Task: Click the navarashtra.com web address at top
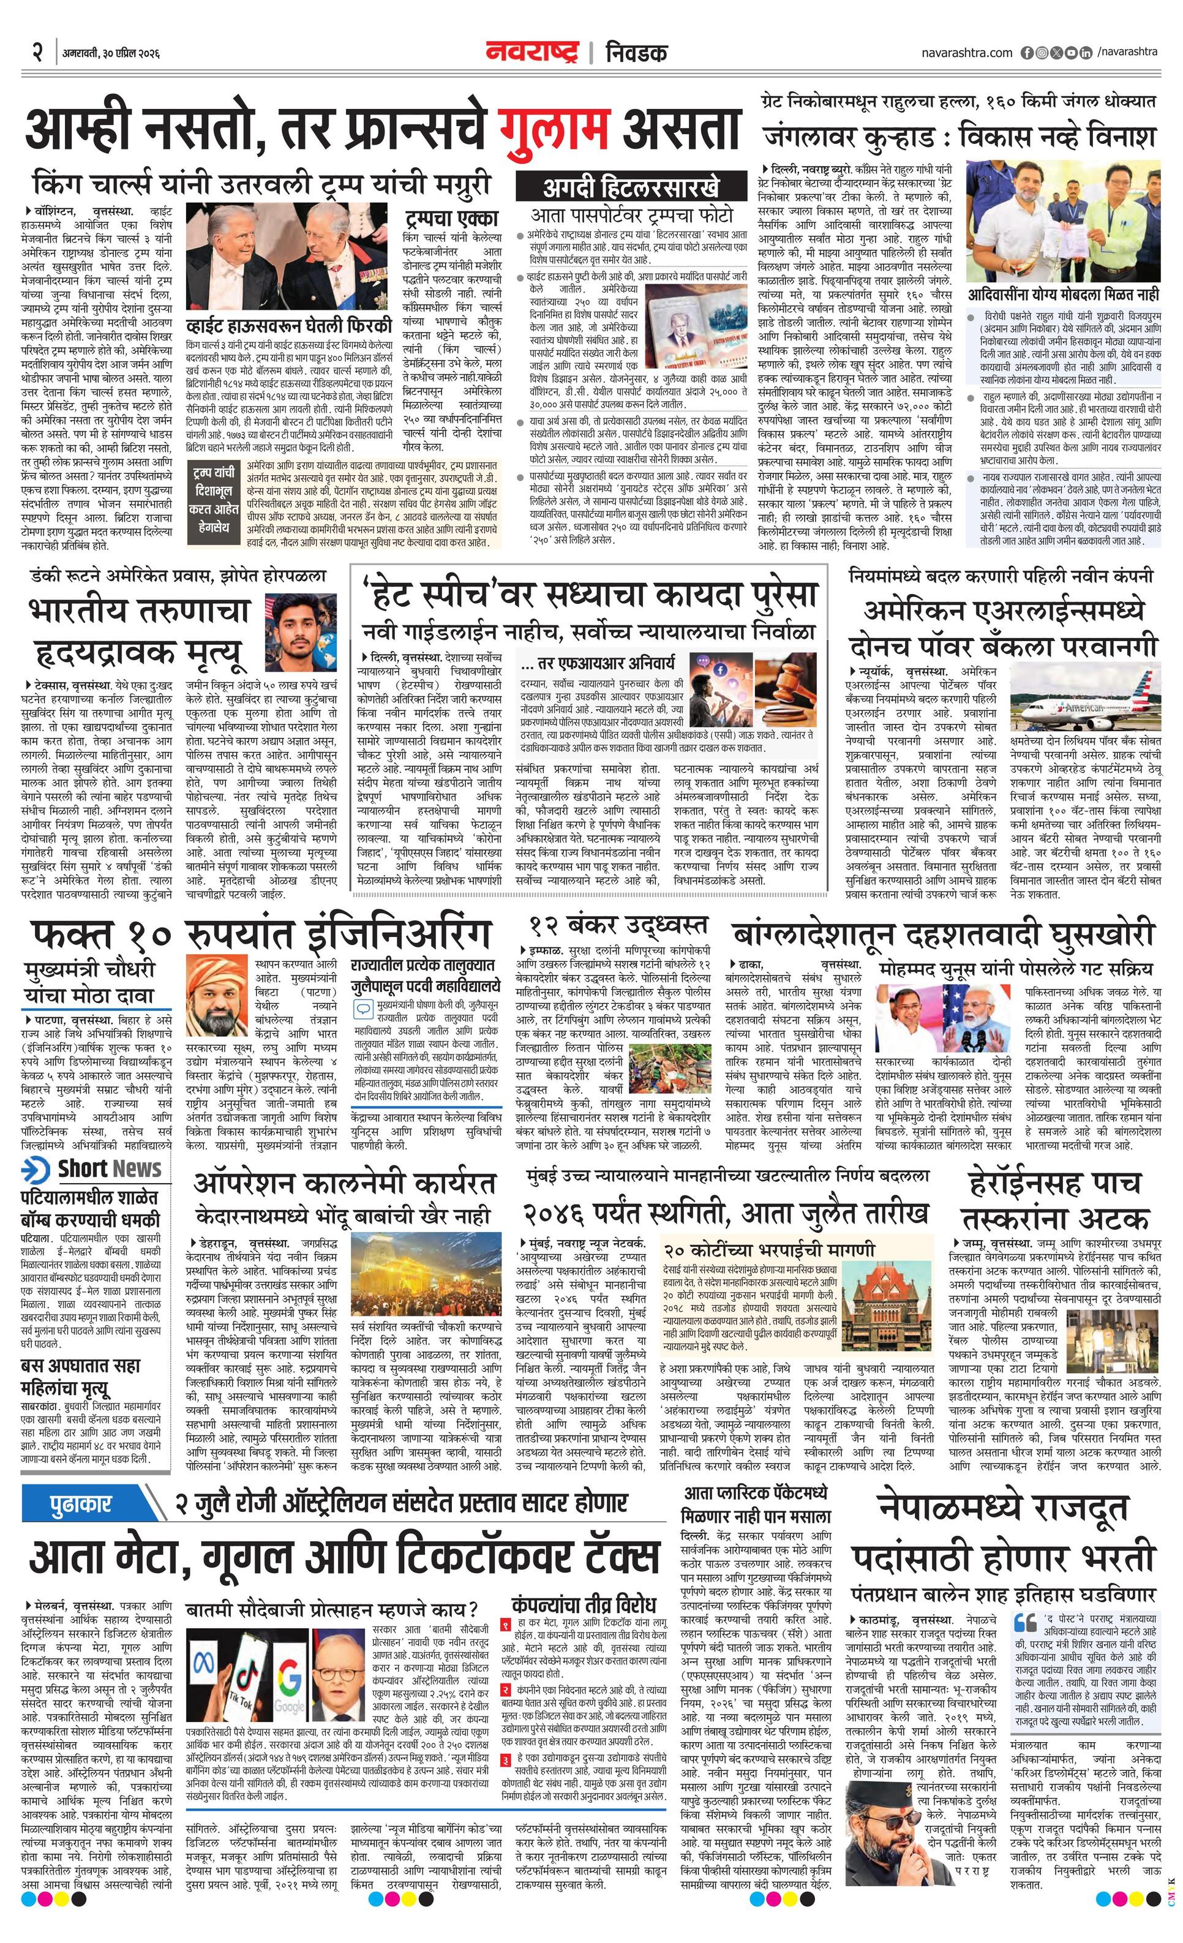click(x=966, y=53)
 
